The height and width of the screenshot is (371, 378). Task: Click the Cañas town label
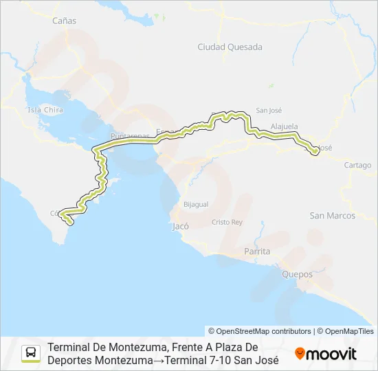click(64, 21)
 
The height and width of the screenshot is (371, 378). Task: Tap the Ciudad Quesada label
click(220, 47)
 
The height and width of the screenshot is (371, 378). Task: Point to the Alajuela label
click(285, 126)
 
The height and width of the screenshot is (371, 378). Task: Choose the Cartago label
click(357, 165)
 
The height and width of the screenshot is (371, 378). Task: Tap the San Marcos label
click(333, 216)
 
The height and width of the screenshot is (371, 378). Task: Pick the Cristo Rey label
click(227, 222)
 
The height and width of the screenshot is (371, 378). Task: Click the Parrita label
click(257, 251)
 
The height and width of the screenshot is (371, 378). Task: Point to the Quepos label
click(297, 274)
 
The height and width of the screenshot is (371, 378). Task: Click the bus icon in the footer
click(32, 353)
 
